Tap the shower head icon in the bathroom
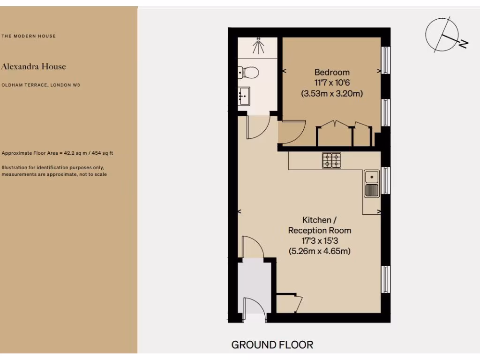point(257,46)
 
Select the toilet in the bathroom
point(248,73)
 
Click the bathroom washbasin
point(244,96)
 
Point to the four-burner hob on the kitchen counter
point(331,160)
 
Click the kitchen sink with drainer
point(372,184)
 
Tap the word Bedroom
point(332,72)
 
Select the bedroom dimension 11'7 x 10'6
point(332,82)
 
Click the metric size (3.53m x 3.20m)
point(332,93)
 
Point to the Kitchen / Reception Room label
point(319,225)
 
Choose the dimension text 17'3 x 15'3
point(319,240)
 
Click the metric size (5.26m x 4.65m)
point(319,251)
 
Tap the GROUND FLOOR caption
point(272,345)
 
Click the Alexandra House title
point(33,67)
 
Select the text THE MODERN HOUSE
point(29,36)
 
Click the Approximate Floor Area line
point(57,153)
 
